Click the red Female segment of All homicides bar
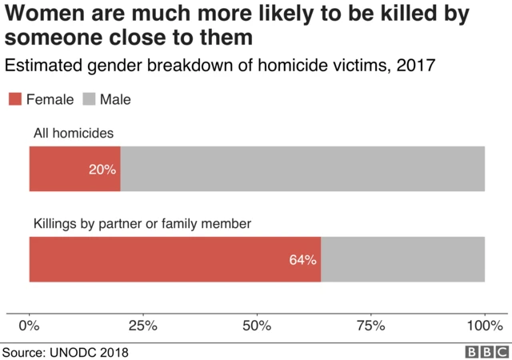[x=64, y=169]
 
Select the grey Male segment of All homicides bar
[x=302, y=169]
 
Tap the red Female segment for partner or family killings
[x=160, y=259]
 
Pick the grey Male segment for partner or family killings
[x=402, y=259]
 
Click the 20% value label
[x=103, y=170]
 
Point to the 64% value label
[x=303, y=260]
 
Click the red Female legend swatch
[x=15, y=99]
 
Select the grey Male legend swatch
[x=88, y=99]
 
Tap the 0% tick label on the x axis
[x=30, y=326]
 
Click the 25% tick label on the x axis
[x=143, y=326]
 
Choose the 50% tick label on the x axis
[x=257, y=326]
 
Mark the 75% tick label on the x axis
[x=370, y=326]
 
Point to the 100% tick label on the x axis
[x=483, y=326]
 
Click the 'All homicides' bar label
[x=74, y=134]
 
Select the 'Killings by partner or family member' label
[x=142, y=224]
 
